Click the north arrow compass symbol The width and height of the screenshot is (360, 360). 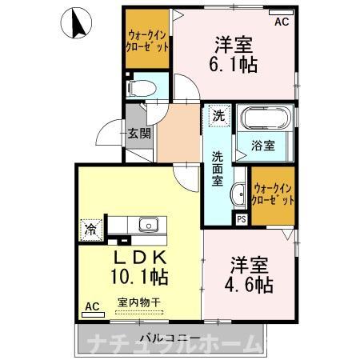pyautogui.click(x=76, y=23)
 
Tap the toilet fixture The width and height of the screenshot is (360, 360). pyautogui.click(x=142, y=88)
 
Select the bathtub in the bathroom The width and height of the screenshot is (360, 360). pyautogui.click(x=266, y=118)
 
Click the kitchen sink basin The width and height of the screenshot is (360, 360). pyautogui.click(x=149, y=225)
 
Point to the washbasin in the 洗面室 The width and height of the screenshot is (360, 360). pyautogui.click(x=238, y=195)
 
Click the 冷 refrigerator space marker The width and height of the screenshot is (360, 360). pyautogui.click(x=91, y=230)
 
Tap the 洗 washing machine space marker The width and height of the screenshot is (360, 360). pyautogui.click(x=219, y=115)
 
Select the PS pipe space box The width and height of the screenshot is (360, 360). pyautogui.click(x=242, y=219)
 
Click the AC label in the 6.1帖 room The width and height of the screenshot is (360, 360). pyautogui.click(x=282, y=22)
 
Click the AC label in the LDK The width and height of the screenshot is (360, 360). pyautogui.click(x=92, y=306)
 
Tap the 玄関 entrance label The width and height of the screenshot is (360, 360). pyautogui.click(x=139, y=134)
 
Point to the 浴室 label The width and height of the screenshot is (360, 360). pyautogui.click(x=263, y=146)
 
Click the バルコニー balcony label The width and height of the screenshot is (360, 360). pyautogui.click(x=170, y=338)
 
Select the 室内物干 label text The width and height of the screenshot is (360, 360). pyautogui.click(x=139, y=302)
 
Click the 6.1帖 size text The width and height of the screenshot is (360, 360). pyautogui.click(x=234, y=65)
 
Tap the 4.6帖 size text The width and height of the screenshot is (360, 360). pyautogui.click(x=249, y=285)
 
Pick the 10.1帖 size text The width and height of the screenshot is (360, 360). pyautogui.click(x=139, y=277)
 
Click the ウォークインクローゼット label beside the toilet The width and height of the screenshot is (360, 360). pyautogui.click(x=147, y=41)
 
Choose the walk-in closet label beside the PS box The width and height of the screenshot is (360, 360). pyautogui.click(x=273, y=194)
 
